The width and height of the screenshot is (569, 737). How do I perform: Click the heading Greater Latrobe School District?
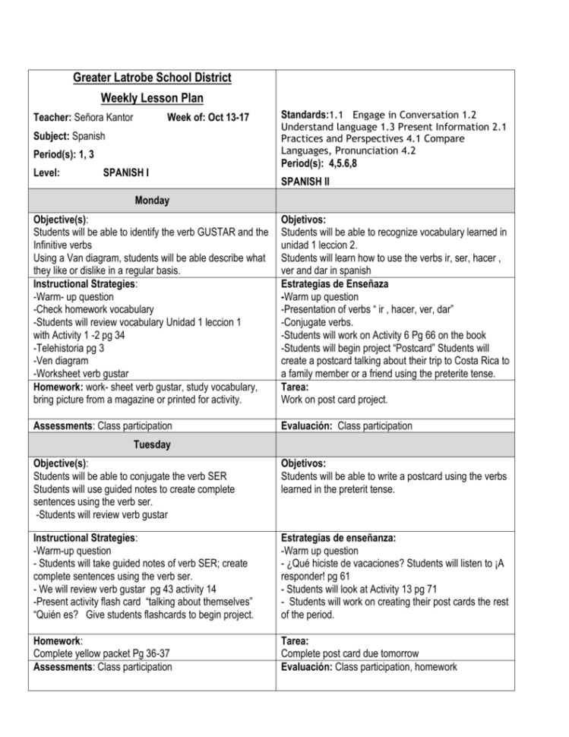click(152, 78)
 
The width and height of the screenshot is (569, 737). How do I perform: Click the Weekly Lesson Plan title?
click(152, 99)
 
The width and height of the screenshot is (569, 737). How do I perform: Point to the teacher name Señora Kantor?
click(92, 118)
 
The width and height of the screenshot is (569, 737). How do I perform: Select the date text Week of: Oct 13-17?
click(207, 118)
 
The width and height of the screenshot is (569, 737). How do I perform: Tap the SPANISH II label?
click(305, 182)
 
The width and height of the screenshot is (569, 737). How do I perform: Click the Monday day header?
click(152, 201)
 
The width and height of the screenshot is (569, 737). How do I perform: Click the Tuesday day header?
click(152, 444)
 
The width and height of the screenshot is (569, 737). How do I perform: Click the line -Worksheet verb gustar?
click(81, 373)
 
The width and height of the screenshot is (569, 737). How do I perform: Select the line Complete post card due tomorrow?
click(349, 653)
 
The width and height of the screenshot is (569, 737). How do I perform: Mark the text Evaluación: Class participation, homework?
click(369, 666)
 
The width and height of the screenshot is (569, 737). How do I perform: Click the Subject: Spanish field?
click(69, 137)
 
